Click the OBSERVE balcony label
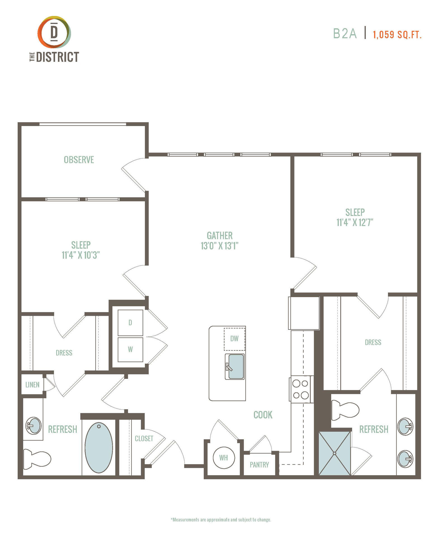tap(79, 160)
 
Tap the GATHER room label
tap(220, 235)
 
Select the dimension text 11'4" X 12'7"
tap(355, 222)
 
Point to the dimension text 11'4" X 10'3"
tap(81, 255)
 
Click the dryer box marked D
tap(130, 323)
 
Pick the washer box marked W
tap(130, 349)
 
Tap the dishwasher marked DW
tap(234, 339)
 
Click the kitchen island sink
tap(235, 367)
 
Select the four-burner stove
tap(301, 389)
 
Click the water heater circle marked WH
tap(224, 458)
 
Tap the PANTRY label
tap(259, 465)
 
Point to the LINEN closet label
tap(32, 385)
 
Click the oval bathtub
tap(99, 447)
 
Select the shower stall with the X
tap(335, 453)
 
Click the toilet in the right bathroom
tap(345, 410)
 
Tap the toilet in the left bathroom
tap(37, 459)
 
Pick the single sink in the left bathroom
tap(34, 426)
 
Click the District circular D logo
tap(54, 32)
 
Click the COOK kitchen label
tap(263, 415)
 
